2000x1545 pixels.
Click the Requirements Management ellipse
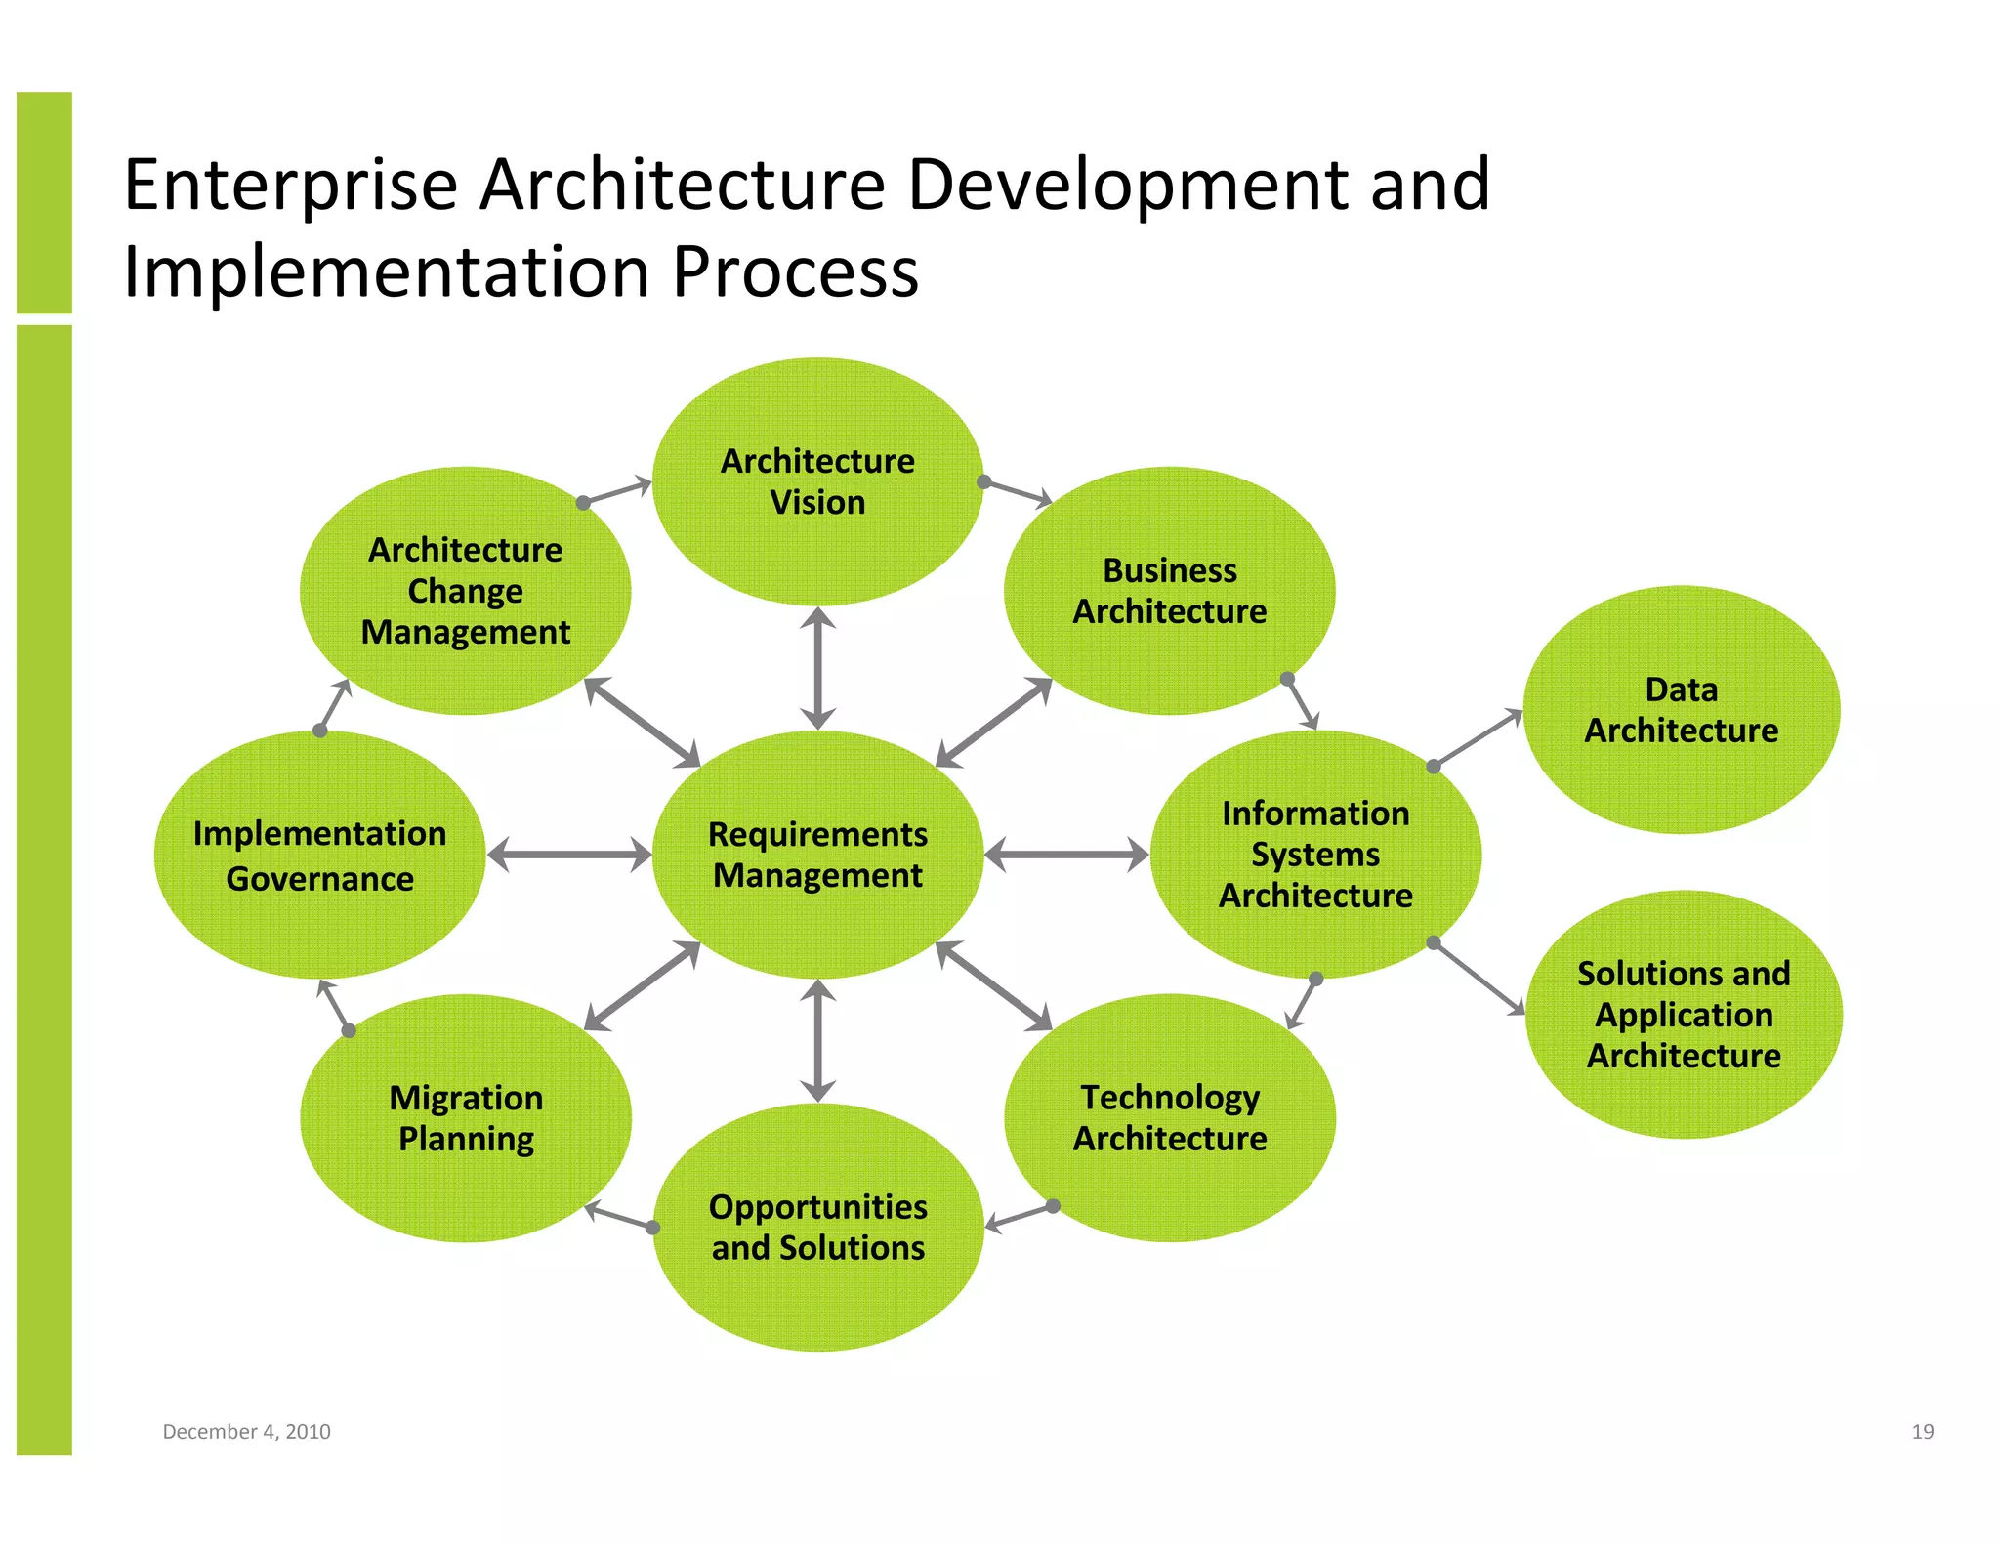click(x=817, y=855)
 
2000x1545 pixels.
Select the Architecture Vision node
click(x=817, y=481)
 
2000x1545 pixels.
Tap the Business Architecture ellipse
click(x=1169, y=591)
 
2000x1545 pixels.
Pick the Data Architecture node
click(x=1681, y=710)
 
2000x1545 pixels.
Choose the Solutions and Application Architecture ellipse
click(x=1683, y=1014)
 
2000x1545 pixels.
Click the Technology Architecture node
click(x=1169, y=1118)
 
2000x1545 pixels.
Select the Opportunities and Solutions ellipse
click(x=817, y=1228)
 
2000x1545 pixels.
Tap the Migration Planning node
click(x=466, y=1118)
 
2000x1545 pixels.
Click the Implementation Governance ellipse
click(x=319, y=855)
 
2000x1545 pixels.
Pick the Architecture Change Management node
click(x=466, y=591)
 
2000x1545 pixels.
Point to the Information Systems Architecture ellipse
click(x=1315, y=855)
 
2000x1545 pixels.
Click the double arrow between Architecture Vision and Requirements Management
click(x=817, y=668)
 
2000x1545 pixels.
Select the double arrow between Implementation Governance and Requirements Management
click(x=568, y=855)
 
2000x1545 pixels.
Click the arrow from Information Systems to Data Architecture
click(x=1478, y=738)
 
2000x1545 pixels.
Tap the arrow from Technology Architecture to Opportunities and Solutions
click(x=1019, y=1216)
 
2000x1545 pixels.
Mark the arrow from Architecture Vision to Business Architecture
click(x=1018, y=492)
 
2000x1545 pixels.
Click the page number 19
click(x=1922, y=1431)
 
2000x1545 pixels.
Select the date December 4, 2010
click(x=246, y=1431)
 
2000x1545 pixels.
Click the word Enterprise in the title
click(x=290, y=185)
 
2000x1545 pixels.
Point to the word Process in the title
click(x=795, y=271)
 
